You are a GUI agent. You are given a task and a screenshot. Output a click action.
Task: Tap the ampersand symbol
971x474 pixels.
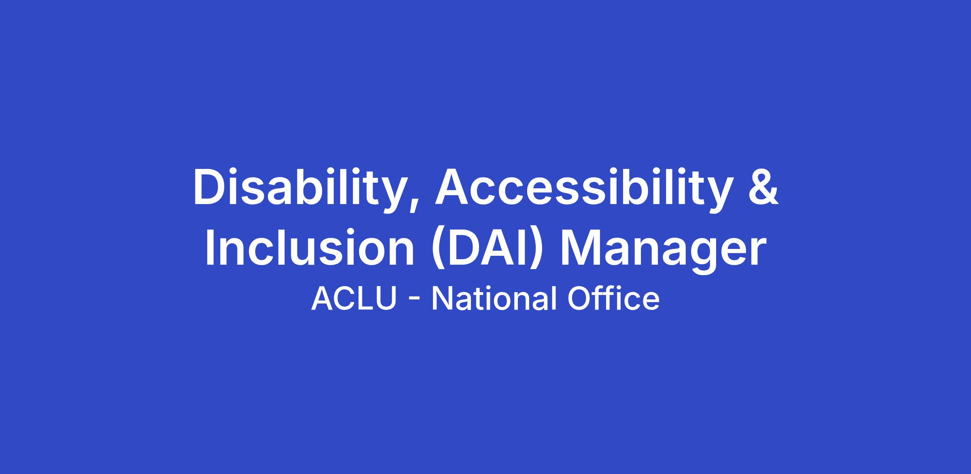tap(763, 186)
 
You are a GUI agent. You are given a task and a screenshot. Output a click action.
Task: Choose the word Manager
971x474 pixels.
tap(663, 251)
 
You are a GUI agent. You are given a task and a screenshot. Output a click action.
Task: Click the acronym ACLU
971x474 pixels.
tap(354, 299)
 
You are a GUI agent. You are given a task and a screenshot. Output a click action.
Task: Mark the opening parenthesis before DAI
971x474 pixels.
tap(438, 248)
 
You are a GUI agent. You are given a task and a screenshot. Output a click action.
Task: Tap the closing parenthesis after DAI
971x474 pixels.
tap(534, 248)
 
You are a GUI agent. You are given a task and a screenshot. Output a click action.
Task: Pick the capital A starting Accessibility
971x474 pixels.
tap(453, 186)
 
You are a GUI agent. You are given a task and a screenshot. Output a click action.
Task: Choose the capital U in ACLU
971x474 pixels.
tap(387, 299)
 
